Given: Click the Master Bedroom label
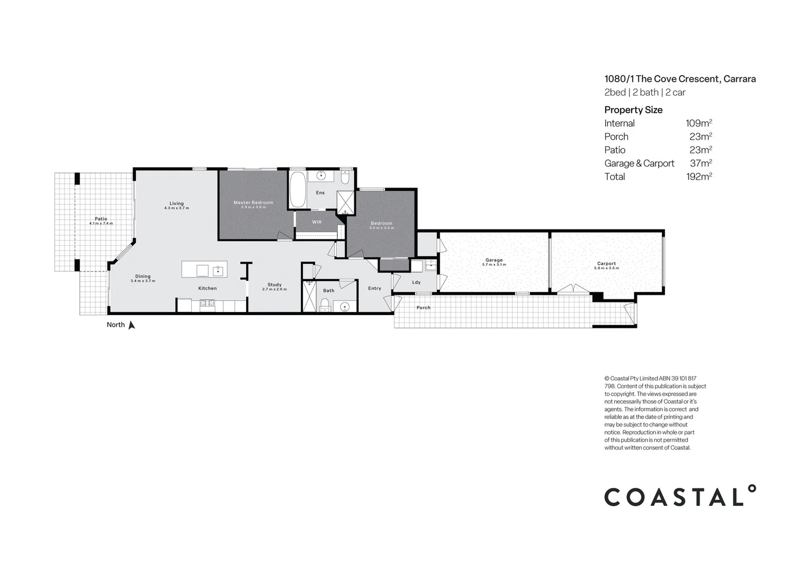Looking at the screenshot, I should click(253, 202).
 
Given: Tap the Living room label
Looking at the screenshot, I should click(176, 203).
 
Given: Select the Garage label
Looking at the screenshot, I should click(494, 260).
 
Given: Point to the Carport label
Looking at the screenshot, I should click(606, 263).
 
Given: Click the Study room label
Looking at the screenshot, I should click(274, 285).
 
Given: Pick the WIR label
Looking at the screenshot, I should click(317, 222).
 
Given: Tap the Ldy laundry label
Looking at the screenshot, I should click(416, 282).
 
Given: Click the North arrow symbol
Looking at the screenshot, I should click(131, 325).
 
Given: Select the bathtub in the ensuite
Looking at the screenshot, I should click(298, 189).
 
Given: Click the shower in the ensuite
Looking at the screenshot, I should click(346, 202).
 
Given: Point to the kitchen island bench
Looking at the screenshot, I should click(204, 270).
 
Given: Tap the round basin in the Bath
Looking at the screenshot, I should click(345, 306).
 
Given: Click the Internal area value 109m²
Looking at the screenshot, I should click(698, 123).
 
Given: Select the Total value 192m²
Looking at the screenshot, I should click(698, 177).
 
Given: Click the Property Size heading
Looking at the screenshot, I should click(633, 110).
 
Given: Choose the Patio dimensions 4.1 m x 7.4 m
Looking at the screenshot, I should click(101, 224).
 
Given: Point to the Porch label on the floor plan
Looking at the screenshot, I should click(423, 308).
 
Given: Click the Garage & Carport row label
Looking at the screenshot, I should click(639, 164).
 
